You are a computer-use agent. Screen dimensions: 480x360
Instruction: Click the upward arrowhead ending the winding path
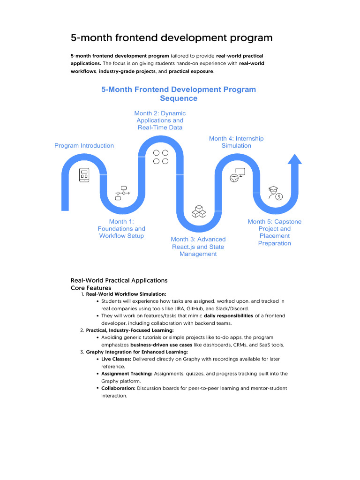click(294, 159)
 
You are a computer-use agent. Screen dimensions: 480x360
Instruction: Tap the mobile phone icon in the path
click(84, 175)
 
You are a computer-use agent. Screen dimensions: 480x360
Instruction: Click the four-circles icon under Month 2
click(160, 157)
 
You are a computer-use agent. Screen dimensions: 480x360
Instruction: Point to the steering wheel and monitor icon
click(237, 174)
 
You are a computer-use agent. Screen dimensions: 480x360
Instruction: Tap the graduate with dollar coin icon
click(275, 193)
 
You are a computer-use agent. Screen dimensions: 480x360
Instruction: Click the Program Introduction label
click(84, 146)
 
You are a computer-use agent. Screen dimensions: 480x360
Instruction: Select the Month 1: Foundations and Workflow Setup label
click(121, 229)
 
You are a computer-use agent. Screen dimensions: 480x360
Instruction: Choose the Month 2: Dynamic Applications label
click(160, 120)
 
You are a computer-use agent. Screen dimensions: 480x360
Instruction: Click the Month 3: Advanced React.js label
click(198, 247)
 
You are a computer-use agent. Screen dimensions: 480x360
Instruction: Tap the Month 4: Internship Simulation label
click(236, 142)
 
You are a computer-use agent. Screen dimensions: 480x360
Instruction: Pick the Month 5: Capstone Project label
click(275, 232)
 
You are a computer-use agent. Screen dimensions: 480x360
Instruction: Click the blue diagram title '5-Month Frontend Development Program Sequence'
click(179, 94)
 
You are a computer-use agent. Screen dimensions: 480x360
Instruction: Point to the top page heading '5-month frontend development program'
click(172, 37)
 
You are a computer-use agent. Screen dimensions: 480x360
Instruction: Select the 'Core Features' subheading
click(91, 288)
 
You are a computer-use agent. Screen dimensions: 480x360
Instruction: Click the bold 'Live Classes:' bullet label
click(117, 359)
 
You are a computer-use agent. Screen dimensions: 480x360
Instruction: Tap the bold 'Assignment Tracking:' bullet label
click(127, 374)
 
